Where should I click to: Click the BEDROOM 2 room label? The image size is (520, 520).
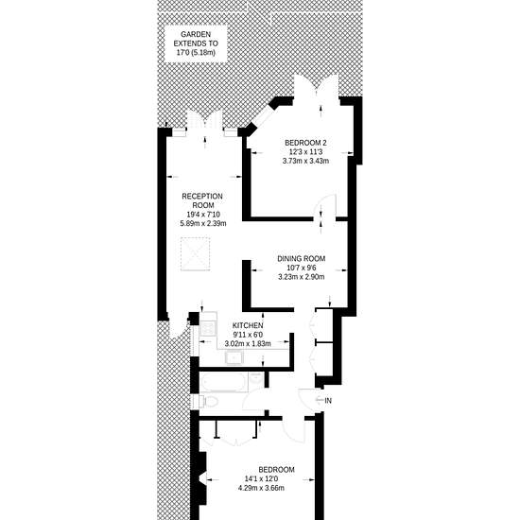305,143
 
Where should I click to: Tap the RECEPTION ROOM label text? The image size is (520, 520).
202,200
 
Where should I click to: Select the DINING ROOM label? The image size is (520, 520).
301,259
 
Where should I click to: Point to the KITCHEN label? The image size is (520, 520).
248,325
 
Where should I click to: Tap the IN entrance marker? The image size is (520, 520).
328,401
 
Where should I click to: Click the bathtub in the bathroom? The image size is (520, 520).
224,382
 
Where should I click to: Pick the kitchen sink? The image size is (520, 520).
234,357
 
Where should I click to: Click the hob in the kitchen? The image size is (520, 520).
208,329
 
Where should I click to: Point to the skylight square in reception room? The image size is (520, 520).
196,254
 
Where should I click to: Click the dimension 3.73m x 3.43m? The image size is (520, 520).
305,161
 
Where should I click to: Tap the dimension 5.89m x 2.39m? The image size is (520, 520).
203,223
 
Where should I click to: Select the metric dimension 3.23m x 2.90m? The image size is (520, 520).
301,277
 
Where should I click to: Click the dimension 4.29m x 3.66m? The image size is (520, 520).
261,488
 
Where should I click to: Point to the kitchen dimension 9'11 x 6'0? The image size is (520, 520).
248,335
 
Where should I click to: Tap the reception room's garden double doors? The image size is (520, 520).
204,121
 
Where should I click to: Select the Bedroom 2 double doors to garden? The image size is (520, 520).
317,87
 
